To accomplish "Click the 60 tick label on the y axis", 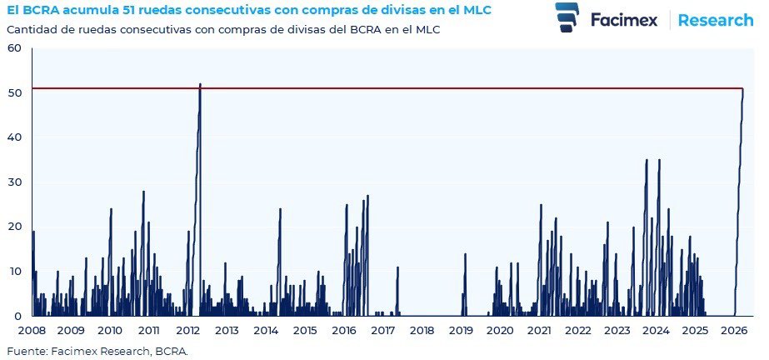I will [x=14, y=48].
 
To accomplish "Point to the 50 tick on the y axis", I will [x=14, y=93].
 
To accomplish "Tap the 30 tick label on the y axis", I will [x=14, y=182].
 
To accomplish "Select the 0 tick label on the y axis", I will [x=17, y=317].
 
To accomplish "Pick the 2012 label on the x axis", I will [x=187, y=331].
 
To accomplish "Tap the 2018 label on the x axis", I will [x=422, y=331].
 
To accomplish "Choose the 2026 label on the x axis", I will [x=733, y=331].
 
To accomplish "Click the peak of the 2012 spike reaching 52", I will [x=200, y=84].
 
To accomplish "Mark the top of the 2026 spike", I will [x=742, y=89].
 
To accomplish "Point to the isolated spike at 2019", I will [x=465, y=254].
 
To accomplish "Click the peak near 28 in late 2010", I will [x=143, y=192].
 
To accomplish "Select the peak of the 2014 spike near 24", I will [x=280, y=209].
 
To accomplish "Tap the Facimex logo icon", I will [x=568, y=17].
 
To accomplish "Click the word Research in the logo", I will [x=715, y=20].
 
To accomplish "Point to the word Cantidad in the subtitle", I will [x=30, y=29].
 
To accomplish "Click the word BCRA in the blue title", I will [x=38, y=10].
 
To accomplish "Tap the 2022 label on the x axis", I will [x=577, y=331].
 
